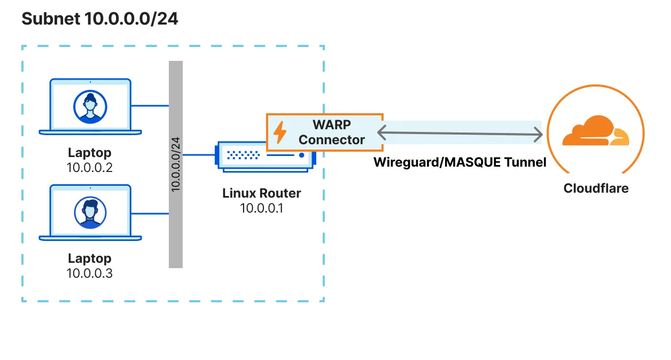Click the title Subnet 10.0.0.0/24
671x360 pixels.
click(x=99, y=19)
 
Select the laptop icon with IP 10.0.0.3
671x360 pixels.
click(x=90, y=213)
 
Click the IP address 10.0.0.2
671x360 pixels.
click(x=90, y=168)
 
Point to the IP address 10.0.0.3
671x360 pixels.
click(x=90, y=273)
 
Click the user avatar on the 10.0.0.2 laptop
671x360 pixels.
click(x=90, y=105)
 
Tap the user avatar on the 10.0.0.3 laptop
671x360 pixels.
click(x=90, y=211)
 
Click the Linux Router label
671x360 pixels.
click(x=261, y=193)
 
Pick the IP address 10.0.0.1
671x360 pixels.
click(x=261, y=208)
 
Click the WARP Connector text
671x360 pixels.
click(x=331, y=132)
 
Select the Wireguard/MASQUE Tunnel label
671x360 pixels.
click(x=459, y=162)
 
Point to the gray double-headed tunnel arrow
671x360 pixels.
click(x=459, y=132)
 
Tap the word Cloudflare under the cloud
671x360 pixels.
click(x=596, y=189)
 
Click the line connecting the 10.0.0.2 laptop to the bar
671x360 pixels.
click(x=150, y=106)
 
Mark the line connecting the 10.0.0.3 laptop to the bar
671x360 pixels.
click(x=150, y=213)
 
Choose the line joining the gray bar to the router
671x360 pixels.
click(x=199, y=155)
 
